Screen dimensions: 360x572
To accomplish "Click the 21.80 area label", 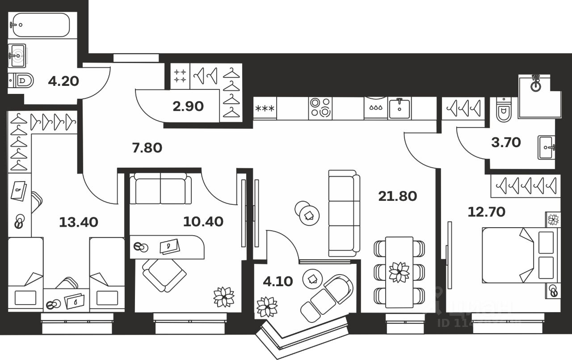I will [x=397, y=196].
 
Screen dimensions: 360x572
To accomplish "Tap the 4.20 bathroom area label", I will [x=63, y=81].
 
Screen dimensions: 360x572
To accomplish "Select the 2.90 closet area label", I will [x=188, y=106].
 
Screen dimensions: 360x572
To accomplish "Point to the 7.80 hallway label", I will [x=147, y=148].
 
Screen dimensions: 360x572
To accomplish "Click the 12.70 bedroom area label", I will [x=486, y=211].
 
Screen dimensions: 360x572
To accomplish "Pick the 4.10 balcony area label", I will [x=278, y=281].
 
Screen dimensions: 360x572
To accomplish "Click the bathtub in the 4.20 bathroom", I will [x=40, y=25].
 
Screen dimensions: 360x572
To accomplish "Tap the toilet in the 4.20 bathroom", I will [x=22, y=81].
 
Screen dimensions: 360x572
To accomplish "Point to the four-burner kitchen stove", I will [x=320, y=108].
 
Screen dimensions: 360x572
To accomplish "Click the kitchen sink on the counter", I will [x=400, y=108].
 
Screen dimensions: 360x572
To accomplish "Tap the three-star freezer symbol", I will [x=265, y=108].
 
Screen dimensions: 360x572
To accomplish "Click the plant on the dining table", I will [x=399, y=272].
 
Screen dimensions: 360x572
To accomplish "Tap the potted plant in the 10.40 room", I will [x=224, y=297].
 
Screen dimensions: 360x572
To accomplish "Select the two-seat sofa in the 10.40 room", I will [x=160, y=189].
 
